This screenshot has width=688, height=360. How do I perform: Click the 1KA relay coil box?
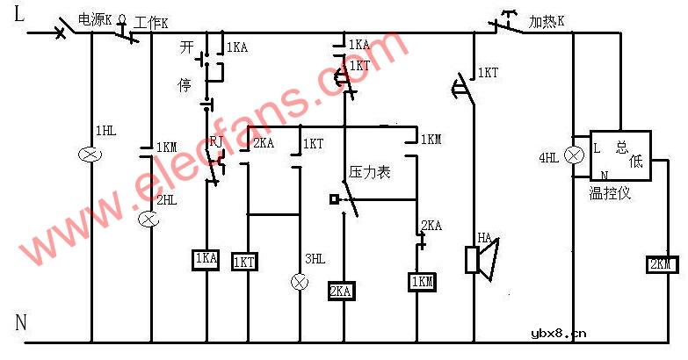(206, 258)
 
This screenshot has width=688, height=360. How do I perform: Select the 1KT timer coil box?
(244, 262)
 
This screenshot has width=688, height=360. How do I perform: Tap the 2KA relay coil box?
(342, 292)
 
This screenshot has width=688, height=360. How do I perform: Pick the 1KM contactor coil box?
(420, 282)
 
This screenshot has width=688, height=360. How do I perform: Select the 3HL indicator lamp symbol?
(300, 282)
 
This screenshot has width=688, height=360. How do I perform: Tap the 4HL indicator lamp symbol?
(574, 156)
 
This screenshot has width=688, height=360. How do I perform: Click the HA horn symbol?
(480, 258)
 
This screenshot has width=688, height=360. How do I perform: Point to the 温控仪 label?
(610, 192)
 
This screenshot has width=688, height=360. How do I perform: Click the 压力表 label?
(370, 173)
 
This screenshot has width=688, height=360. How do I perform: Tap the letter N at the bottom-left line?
(21, 322)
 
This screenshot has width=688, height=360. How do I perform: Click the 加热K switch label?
(547, 19)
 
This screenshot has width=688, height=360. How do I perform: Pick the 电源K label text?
(96, 19)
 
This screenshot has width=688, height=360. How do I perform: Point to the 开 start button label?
(185, 46)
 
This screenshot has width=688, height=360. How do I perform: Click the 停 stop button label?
(185, 85)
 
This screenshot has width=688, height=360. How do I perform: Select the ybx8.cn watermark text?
(559, 333)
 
